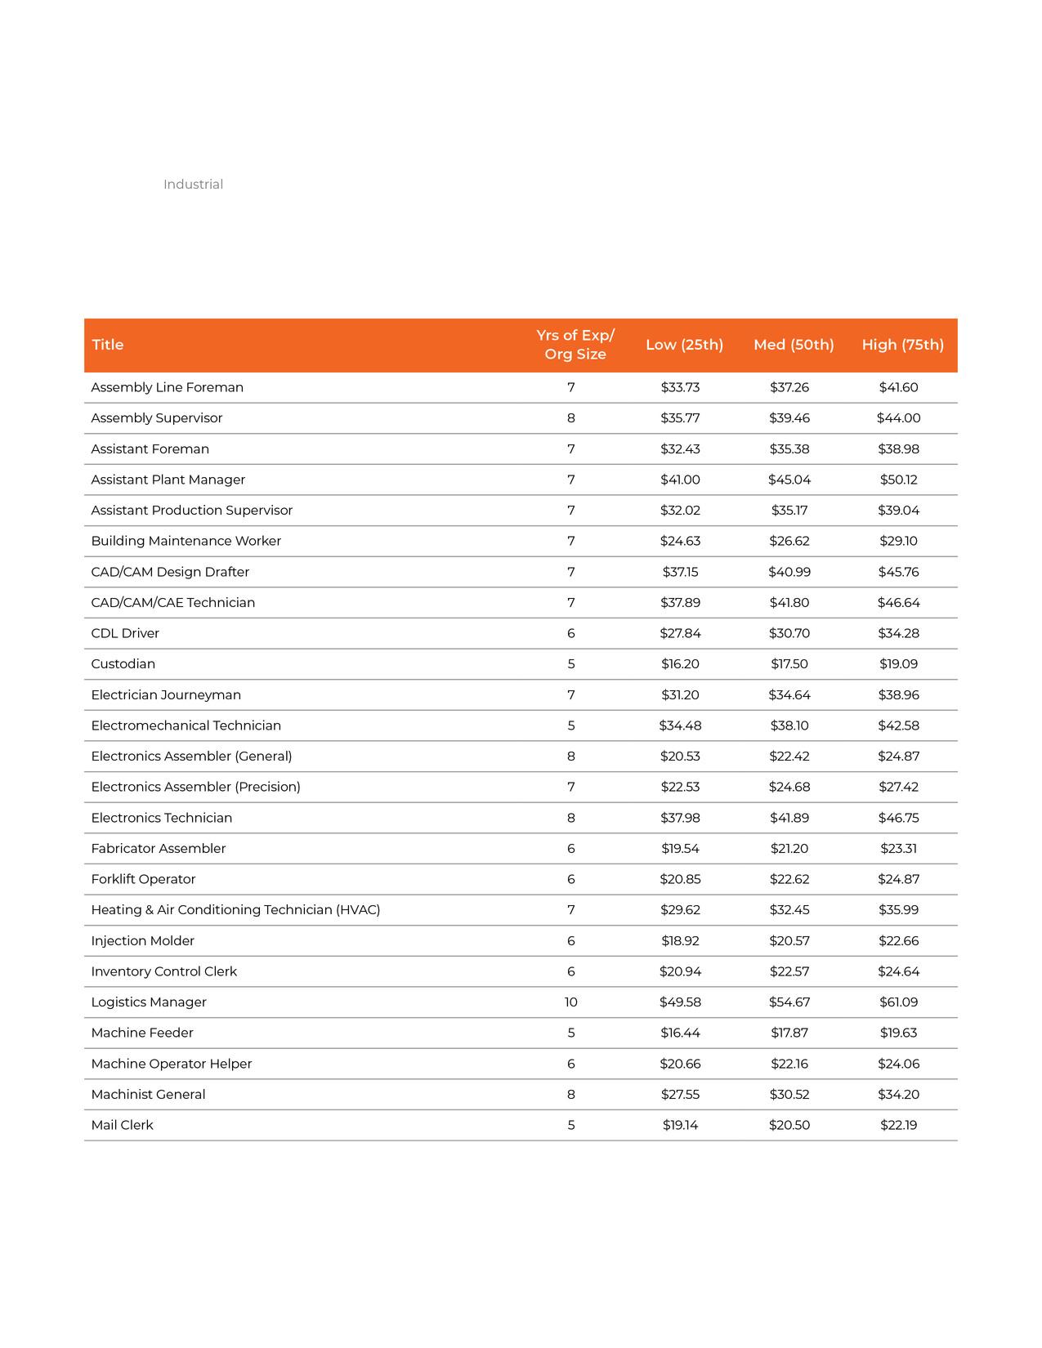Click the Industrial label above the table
(x=193, y=185)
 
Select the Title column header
(x=107, y=345)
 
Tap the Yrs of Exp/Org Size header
(x=575, y=345)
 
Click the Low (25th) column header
(x=684, y=345)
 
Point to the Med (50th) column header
(x=794, y=345)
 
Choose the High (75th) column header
(x=902, y=345)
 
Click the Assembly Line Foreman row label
(x=167, y=387)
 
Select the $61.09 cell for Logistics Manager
(x=898, y=1002)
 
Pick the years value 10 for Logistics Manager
(x=570, y=1002)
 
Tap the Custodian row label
(x=123, y=664)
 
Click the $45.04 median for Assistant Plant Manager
(x=789, y=480)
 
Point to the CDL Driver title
(x=125, y=633)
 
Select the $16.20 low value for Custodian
(x=680, y=664)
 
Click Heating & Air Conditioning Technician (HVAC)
(x=235, y=910)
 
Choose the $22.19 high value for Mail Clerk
(x=898, y=1125)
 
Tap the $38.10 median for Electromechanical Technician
(x=789, y=725)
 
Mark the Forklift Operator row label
(x=143, y=879)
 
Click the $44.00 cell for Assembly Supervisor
(x=898, y=418)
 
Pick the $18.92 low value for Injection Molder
(x=680, y=941)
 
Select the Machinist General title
(x=148, y=1095)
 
